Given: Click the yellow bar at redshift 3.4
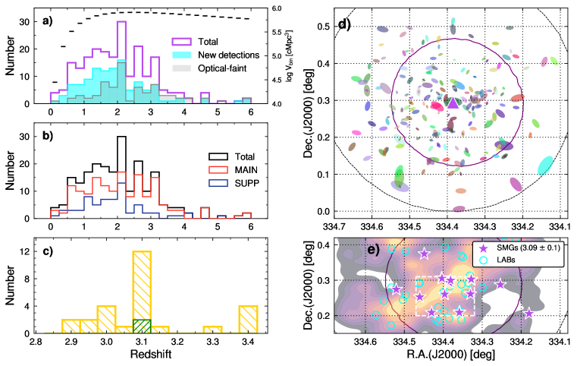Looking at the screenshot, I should point(248,319).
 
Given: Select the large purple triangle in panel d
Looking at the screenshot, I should point(452,103).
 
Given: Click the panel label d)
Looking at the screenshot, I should point(343,22).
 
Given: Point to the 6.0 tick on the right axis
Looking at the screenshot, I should point(278,8).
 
